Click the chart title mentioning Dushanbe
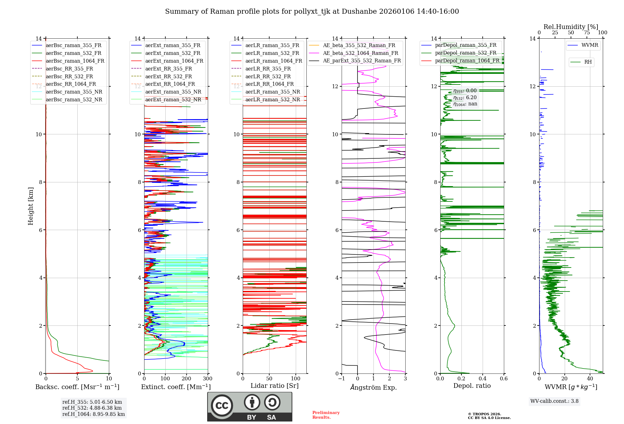coord(312,12)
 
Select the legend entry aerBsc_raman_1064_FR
coord(75,61)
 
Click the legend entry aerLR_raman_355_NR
coord(272,92)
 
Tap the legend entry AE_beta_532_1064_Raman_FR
coord(360,53)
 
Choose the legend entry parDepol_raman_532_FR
coord(466,53)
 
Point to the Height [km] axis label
coord(31,206)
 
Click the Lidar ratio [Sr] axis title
coord(274,386)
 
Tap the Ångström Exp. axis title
coord(373,387)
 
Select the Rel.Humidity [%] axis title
coord(571,27)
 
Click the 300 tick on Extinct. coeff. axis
coord(207,379)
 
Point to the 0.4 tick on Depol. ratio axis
coord(482,379)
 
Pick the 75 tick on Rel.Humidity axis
coord(587,33)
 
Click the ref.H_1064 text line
coord(93,414)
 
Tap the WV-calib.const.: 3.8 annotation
coord(554,401)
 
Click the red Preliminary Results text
coord(326,415)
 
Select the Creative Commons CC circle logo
coord(222,406)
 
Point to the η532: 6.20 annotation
coord(465,98)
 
